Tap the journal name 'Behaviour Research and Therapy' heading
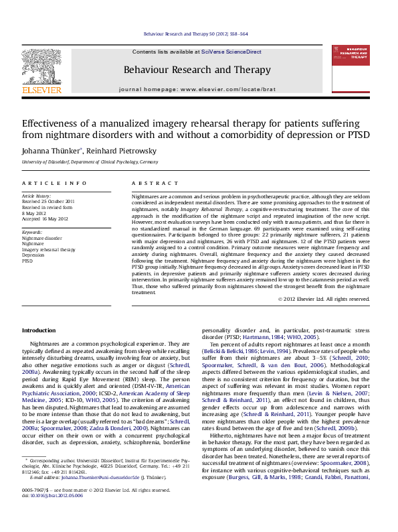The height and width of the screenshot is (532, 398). pos(197,70)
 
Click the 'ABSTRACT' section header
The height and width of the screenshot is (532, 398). pos(146,183)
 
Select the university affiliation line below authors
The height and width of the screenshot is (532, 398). pos(90,163)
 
